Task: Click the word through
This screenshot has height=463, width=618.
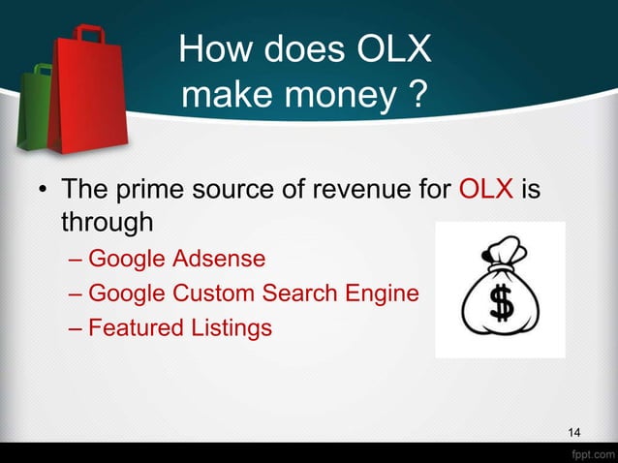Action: pyautogui.click(x=108, y=222)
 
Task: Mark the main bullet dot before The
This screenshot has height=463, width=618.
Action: pyautogui.click(x=42, y=189)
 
